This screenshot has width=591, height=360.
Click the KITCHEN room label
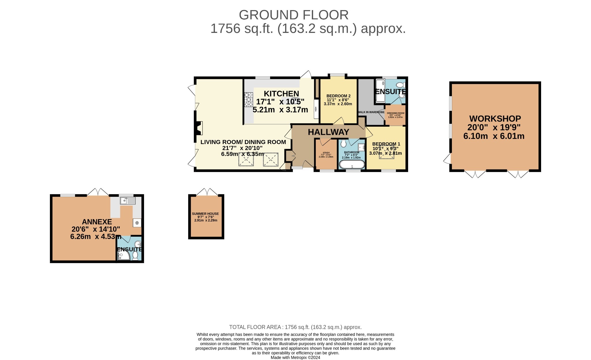[281, 94]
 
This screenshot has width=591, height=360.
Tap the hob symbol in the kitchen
[248, 100]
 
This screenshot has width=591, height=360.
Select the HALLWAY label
[328, 132]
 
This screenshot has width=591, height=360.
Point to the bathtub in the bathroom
[352, 165]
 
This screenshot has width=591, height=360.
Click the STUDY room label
[326, 153]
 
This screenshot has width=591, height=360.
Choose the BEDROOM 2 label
[338, 96]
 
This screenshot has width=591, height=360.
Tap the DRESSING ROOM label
[395, 113]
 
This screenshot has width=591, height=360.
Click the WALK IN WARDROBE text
[371, 112]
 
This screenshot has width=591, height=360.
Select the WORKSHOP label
[495, 119]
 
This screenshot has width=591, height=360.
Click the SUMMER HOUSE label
[205, 214]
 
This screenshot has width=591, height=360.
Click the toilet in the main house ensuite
[401, 85]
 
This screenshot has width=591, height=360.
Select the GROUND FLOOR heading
[293, 15]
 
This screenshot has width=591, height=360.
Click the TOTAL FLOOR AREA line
[295, 327]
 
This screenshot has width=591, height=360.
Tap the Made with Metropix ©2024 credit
[295, 357]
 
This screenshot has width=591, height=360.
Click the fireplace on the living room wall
[199, 128]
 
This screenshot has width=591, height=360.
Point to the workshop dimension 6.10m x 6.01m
[494, 136]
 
